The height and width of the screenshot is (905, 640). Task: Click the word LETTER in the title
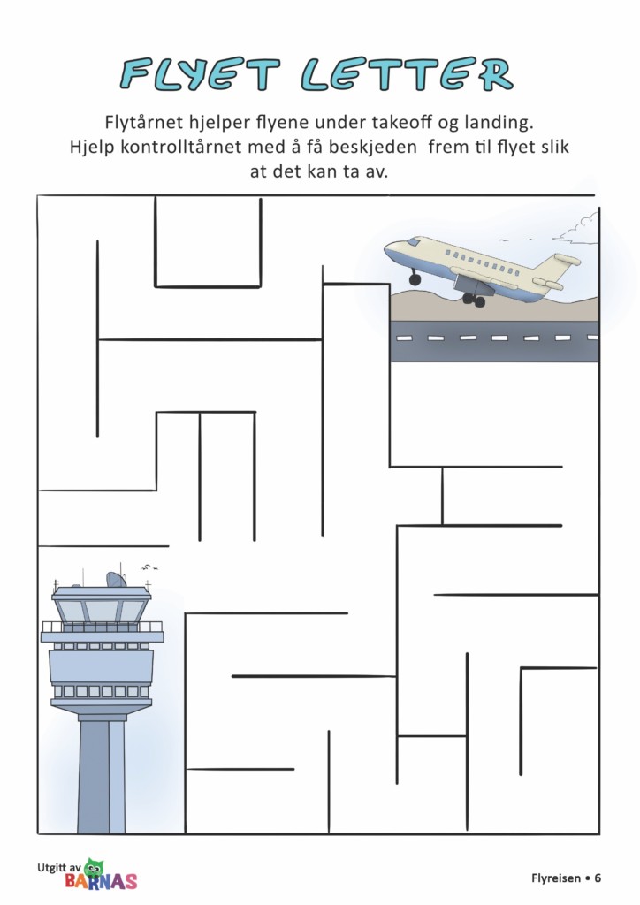pos(407,74)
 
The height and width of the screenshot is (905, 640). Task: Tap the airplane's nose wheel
pos(415,279)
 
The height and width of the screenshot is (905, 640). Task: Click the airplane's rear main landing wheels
pos(474,300)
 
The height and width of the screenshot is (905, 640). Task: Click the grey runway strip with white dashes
pos(494,341)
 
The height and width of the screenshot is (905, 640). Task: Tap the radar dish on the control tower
pos(116,580)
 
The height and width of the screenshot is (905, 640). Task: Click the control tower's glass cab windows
pos(102,611)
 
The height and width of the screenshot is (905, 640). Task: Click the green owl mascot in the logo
pos(94,869)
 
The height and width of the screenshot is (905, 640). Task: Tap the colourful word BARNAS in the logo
pos(101,881)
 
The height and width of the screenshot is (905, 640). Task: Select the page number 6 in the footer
pos(598,878)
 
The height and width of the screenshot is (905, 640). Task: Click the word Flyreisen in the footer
pos(556,878)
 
